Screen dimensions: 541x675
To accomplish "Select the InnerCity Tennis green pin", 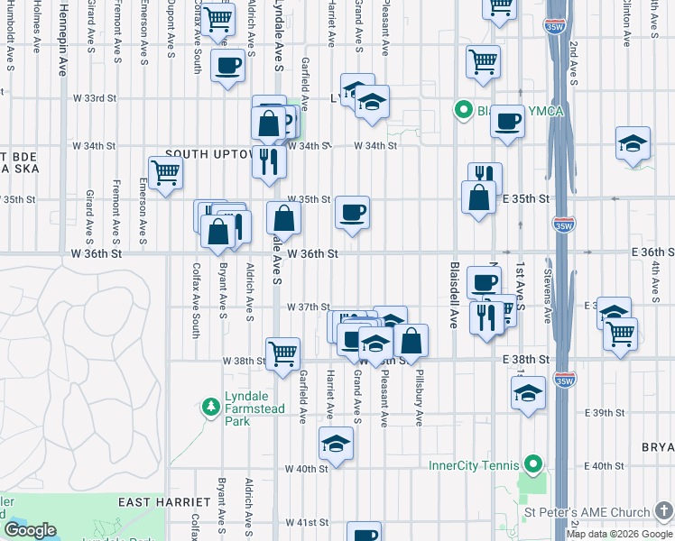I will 533,465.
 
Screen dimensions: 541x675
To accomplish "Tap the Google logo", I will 30,530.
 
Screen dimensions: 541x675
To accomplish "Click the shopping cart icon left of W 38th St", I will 283,353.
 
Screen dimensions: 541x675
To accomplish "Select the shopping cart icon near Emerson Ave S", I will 165,172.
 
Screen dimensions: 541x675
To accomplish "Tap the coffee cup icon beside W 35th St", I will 353,213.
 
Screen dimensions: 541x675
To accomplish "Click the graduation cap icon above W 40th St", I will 336,444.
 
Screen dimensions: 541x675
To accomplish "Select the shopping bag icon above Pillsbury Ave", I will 411,341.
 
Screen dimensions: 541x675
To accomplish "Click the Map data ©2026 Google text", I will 619,534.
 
